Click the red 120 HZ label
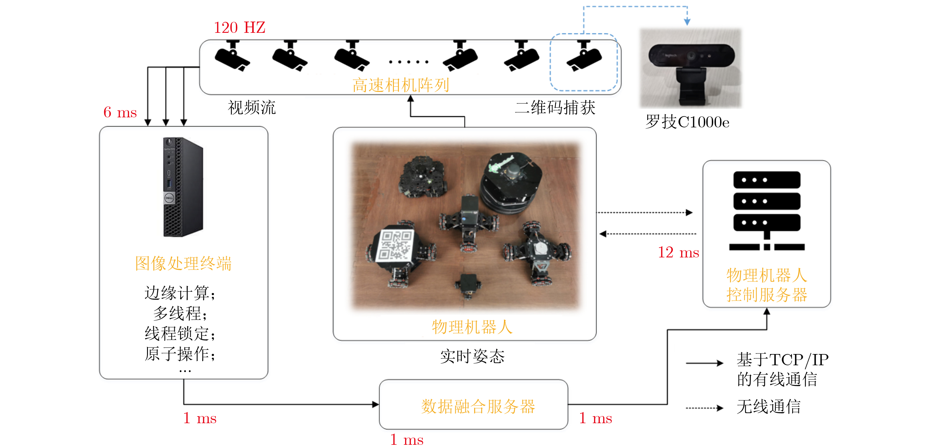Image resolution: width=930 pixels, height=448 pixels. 239,27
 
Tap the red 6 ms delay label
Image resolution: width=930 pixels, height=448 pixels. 120,112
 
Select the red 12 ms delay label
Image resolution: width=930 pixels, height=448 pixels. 678,252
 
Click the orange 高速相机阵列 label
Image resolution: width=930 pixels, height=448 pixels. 400,85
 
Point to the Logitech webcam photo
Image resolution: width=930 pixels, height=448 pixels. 691,68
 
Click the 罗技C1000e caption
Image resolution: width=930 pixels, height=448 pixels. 687,122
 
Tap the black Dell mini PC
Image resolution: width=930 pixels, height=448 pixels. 183,187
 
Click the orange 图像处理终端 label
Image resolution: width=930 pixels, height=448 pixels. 183,263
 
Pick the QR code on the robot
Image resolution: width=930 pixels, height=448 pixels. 395,246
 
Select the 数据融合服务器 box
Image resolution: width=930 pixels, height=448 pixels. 473,404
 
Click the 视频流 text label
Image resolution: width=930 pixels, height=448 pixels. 252,108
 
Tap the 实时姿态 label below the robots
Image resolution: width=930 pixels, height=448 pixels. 472,357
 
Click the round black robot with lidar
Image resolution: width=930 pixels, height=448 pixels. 511,182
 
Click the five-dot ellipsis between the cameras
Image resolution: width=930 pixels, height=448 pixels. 408,62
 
